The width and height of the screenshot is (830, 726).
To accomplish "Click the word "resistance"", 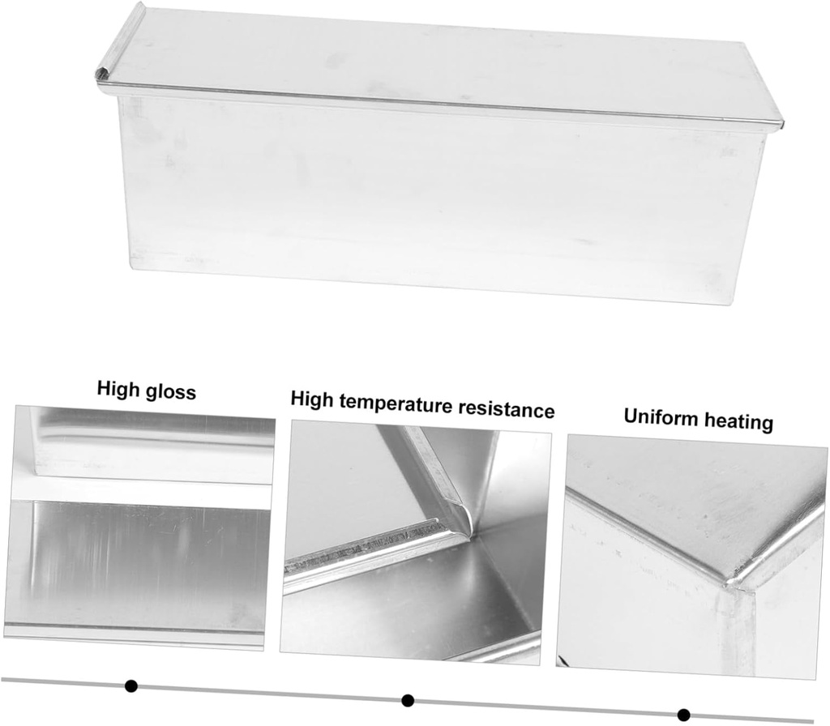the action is coord(507,409).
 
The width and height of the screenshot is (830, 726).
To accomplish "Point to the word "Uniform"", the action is coord(657,417).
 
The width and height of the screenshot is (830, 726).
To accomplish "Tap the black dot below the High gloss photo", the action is coord(131,686).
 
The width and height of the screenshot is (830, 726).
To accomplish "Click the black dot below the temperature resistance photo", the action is coord(408,701).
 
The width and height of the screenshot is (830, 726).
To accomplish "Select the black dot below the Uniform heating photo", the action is coord(684,715).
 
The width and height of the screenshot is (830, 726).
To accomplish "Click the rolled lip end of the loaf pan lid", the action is coord(101,75).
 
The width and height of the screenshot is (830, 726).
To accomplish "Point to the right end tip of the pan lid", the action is coord(782,124).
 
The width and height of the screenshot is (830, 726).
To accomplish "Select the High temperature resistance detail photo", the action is coord(416,543).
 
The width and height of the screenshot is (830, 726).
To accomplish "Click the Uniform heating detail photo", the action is coord(692,557).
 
